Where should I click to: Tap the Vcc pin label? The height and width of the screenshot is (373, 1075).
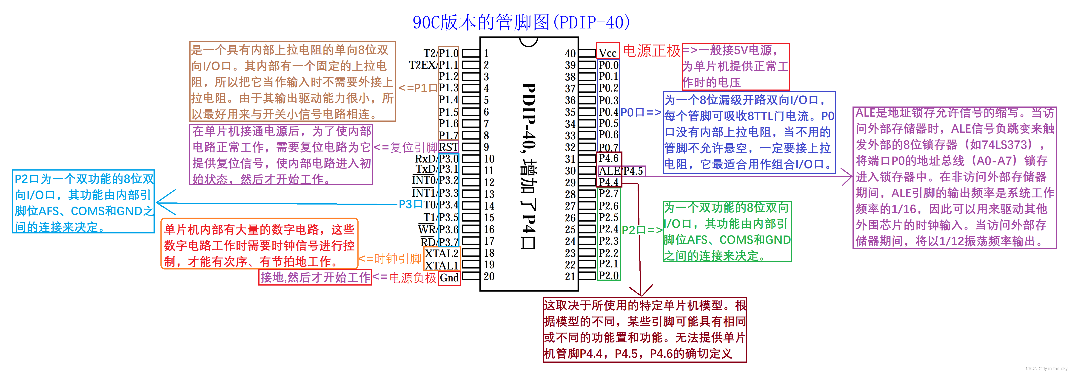[x=608, y=53]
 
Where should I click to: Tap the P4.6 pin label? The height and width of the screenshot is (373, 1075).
[x=608, y=158]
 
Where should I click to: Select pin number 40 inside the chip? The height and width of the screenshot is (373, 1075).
[x=570, y=53]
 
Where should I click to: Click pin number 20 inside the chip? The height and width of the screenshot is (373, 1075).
[x=489, y=276]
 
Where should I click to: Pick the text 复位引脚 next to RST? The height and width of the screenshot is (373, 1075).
[x=413, y=147]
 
